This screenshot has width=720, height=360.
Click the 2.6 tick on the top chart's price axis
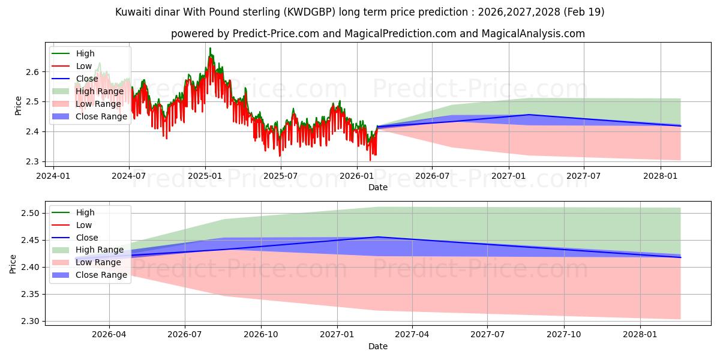[x=32, y=72]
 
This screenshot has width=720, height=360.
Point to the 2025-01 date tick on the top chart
[x=205, y=176]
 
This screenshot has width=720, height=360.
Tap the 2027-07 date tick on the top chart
[x=584, y=176]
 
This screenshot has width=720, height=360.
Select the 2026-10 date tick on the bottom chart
[x=261, y=335]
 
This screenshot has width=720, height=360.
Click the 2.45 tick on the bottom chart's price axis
[x=30, y=241]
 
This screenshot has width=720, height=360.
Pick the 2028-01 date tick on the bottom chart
[x=640, y=335]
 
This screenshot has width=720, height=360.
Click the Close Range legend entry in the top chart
[x=89, y=116]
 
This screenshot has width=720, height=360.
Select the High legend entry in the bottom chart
[x=73, y=212]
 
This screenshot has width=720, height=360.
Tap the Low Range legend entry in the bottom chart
[x=86, y=262]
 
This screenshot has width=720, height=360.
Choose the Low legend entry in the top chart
[x=72, y=66]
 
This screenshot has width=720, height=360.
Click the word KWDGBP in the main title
[x=309, y=12]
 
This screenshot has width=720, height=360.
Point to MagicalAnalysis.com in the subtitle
[x=533, y=34]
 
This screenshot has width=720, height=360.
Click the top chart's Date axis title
[x=377, y=187]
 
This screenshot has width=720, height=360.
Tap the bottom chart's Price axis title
[x=13, y=264]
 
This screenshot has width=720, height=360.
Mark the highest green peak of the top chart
[x=210, y=48]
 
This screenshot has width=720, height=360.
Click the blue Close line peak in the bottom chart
[x=378, y=237]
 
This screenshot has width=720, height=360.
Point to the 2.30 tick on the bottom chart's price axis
[x=30, y=321]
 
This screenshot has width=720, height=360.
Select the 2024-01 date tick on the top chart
[x=53, y=176]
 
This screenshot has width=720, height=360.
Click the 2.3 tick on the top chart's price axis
[x=32, y=161]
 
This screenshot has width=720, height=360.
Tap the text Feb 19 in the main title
[x=584, y=12]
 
